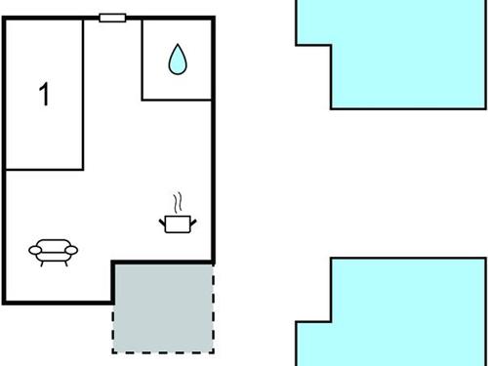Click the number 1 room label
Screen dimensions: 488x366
coord(43,95)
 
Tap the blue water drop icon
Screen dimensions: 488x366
coord(177,61)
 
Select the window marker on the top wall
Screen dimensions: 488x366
coord(112,18)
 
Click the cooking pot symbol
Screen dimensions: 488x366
coord(178,224)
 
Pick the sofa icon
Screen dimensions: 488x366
coord(54,253)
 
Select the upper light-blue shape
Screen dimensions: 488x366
coord(390,54)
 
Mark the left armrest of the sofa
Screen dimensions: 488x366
coord(34,251)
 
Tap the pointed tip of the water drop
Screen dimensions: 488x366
coord(177,47)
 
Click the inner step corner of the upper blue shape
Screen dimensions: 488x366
coord(332,45)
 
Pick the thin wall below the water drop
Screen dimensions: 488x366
coord(177,99)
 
